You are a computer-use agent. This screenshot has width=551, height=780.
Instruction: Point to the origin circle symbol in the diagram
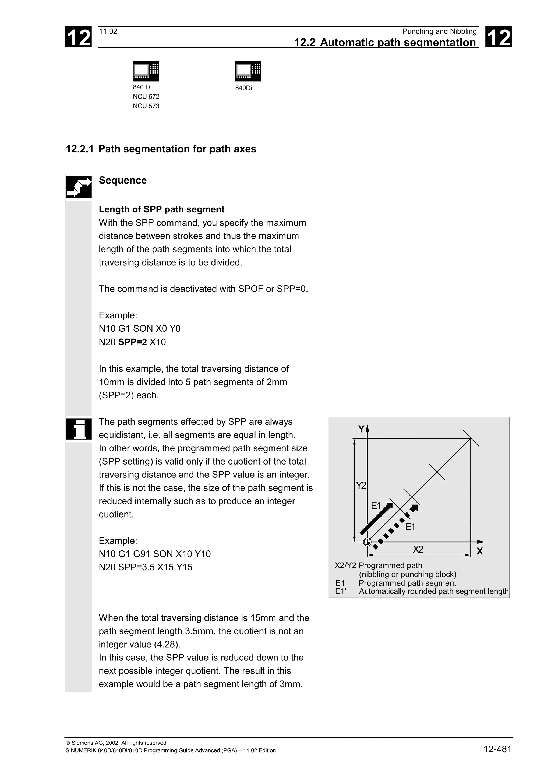pyautogui.click(x=367, y=542)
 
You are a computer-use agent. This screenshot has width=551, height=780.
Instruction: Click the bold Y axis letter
pyautogui.click(x=361, y=429)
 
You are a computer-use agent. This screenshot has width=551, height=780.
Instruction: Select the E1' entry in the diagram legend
pyautogui.click(x=341, y=591)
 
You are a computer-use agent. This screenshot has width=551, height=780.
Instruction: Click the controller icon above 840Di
pyautogui.click(x=248, y=71)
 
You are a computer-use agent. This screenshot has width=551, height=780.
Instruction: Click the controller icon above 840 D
pyautogui.click(x=146, y=71)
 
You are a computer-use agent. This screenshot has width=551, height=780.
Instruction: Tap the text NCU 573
pyautogui.click(x=146, y=106)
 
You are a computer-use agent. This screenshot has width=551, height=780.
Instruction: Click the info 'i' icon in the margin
pyautogui.click(x=79, y=429)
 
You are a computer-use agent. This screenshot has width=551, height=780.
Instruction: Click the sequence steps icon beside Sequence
pyautogui.click(x=79, y=187)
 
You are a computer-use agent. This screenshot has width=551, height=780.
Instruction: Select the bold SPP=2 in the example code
pyautogui.click(x=132, y=342)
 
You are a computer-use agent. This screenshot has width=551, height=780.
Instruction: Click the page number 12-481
pyautogui.click(x=497, y=749)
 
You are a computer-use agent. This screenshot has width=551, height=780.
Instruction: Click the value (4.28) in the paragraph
pyautogui.click(x=166, y=644)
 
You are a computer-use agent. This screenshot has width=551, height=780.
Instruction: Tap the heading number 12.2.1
pyautogui.click(x=79, y=149)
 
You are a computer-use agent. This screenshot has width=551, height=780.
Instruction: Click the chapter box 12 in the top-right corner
pyautogui.click(x=498, y=37)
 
